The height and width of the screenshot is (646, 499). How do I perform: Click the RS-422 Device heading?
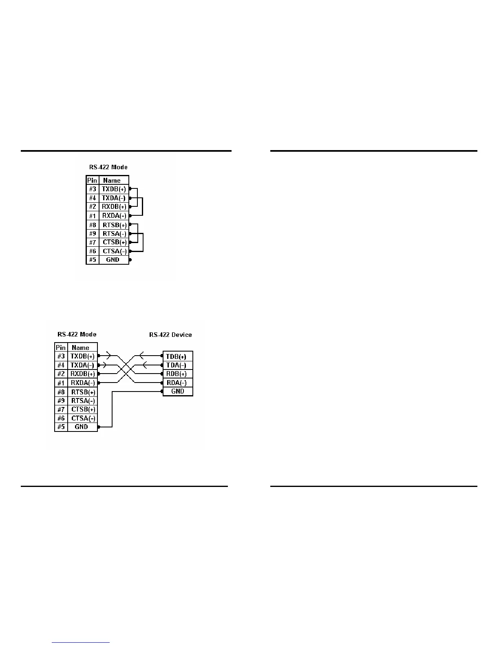click(x=170, y=335)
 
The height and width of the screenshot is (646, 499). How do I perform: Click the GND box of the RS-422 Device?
click(x=178, y=391)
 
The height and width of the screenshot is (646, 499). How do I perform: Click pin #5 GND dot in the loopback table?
click(x=130, y=260)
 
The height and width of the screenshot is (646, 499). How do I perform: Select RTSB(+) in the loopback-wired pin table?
click(x=114, y=225)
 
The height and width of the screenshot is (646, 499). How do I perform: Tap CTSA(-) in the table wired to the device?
click(x=83, y=418)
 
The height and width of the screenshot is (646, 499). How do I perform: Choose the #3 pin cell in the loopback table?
click(x=93, y=189)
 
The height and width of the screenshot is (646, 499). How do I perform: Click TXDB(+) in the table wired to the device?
click(x=82, y=356)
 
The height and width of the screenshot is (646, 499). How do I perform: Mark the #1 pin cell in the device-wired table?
click(x=61, y=383)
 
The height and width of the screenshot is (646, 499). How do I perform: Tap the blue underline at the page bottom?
click(x=81, y=643)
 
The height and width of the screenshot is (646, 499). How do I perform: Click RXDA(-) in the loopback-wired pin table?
click(x=114, y=216)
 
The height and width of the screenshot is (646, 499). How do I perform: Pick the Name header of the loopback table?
click(x=112, y=180)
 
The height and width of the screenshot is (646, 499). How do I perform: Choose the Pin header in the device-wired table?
click(x=61, y=347)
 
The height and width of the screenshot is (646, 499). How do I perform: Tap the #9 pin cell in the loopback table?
click(x=93, y=234)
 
